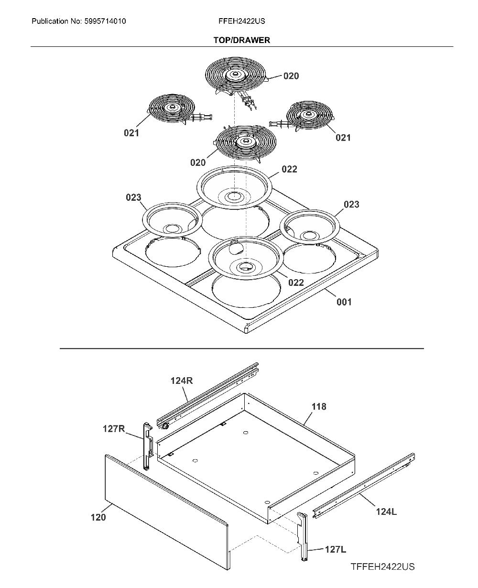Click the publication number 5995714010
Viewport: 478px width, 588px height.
tap(105, 21)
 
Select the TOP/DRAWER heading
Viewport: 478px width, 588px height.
tap(242, 40)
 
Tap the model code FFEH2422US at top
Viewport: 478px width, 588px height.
tap(242, 21)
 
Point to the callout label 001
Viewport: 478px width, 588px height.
tap(344, 302)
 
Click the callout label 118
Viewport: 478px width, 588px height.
tap(319, 407)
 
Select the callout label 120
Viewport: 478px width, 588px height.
tap(98, 517)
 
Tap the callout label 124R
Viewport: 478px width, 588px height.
tap(182, 381)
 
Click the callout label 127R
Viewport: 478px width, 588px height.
tap(114, 429)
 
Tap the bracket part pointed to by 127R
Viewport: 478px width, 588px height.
tap(147, 446)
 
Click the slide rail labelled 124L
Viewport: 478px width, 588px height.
tap(364, 486)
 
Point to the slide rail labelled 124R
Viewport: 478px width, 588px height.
tap(207, 395)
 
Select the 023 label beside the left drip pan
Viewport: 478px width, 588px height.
tap(133, 197)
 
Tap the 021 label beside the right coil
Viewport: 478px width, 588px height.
tap(343, 138)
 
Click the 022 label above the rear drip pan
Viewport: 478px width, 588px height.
tap(289, 169)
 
